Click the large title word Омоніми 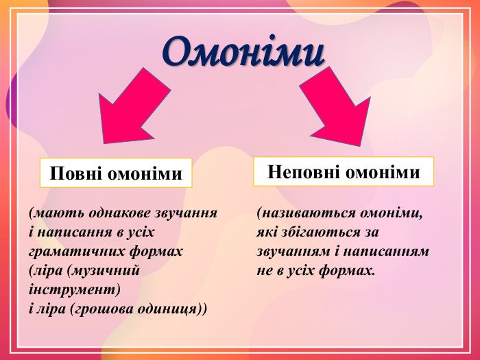[243, 52]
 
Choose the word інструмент [74, 289]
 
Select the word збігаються [320, 232]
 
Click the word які [266, 232]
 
